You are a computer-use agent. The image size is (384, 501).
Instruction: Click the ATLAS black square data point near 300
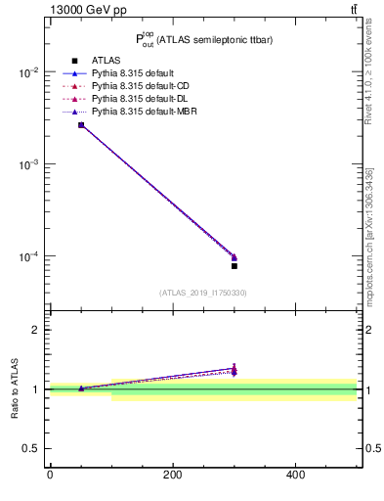click(x=235, y=266)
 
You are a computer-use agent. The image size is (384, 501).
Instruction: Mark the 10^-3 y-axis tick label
click(x=30, y=165)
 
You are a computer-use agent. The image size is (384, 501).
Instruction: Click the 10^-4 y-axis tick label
click(x=30, y=257)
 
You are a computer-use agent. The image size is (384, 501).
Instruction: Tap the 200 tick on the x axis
click(x=173, y=476)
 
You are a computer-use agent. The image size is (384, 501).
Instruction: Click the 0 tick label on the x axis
click(x=50, y=476)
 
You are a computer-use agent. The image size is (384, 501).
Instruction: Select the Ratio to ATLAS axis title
click(x=15, y=389)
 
